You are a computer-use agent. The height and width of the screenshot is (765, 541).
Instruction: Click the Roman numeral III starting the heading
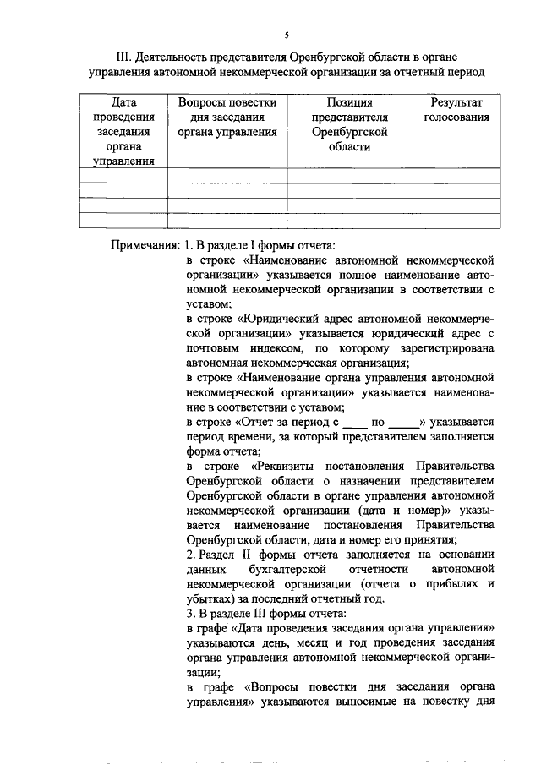pyautogui.click(x=122, y=57)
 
